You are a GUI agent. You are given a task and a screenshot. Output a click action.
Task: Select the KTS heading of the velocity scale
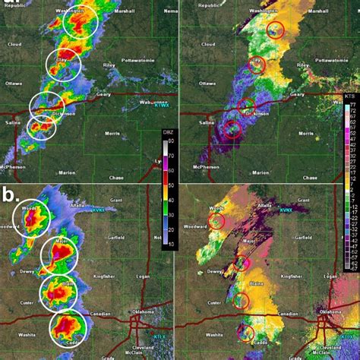point(349,99)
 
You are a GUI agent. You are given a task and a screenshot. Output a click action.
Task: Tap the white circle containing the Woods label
point(31,219)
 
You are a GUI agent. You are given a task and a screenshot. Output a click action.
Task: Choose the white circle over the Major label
point(58,255)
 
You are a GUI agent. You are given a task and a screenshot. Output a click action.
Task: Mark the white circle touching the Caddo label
point(68,328)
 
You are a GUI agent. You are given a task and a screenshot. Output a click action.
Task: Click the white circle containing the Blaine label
point(58,292)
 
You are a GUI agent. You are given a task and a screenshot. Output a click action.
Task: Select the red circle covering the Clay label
point(257,65)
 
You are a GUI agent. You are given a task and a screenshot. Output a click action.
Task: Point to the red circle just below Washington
point(275,30)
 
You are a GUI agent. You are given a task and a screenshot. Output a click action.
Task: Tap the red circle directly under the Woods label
point(217,221)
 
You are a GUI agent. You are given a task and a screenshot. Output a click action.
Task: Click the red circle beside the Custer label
point(242,301)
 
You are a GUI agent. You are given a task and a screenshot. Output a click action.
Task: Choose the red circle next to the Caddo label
point(246,331)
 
